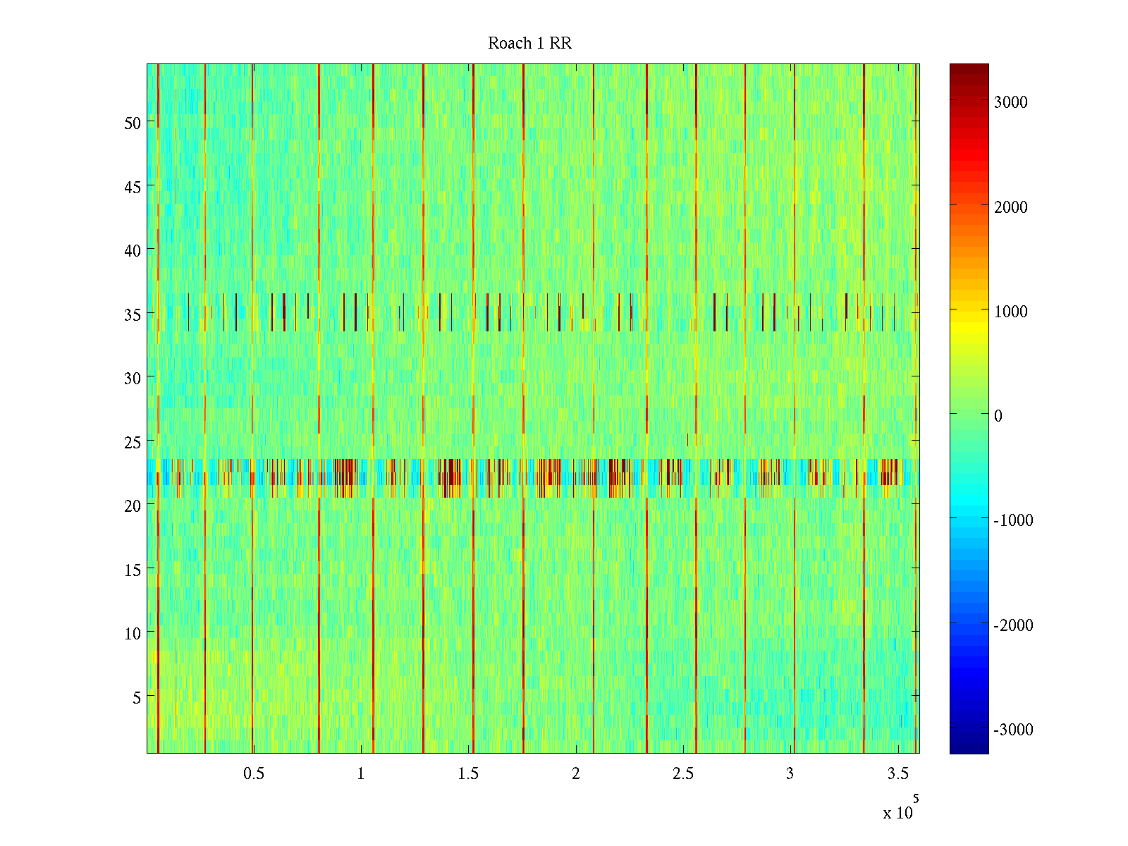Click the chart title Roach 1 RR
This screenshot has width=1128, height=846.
coord(529,44)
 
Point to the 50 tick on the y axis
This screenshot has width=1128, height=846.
coord(133,123)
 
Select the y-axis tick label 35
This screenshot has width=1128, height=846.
coord(133,314)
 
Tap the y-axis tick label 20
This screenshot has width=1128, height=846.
coord(133,505)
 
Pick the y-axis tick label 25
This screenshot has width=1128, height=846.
coord(133,442)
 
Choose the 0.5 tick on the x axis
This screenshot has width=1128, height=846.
coord(254,774)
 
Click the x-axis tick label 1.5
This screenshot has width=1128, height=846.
coord(468,774)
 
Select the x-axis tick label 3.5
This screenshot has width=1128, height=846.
coord(897,774)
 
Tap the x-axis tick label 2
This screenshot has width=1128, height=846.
coord(576,774)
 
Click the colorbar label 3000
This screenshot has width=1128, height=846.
coord(1011,103)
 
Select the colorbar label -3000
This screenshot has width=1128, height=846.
coord(1013,730)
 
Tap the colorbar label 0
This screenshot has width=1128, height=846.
coord(998,416)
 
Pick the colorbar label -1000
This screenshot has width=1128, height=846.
coord(1013,521)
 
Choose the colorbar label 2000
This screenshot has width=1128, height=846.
coord(1011,207)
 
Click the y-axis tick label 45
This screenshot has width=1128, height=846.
coord(133,187)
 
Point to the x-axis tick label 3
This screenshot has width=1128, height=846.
coord(790,774)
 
